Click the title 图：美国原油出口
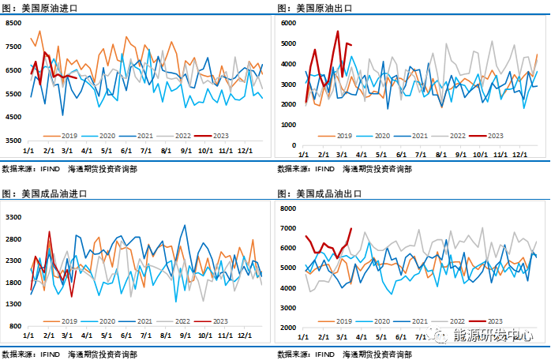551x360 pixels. pyautogui.click(x=315, y=8)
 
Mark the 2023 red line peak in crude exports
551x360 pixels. pyautogui.click(x=338, y=32)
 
